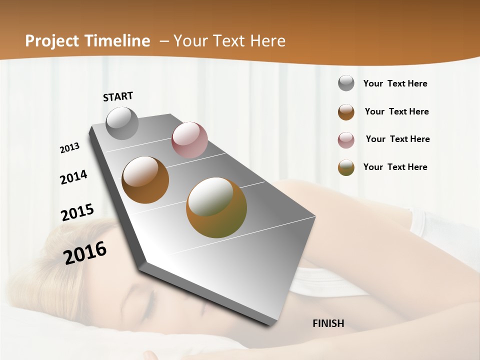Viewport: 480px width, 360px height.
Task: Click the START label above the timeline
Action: (118, 96)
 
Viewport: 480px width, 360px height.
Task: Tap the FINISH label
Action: (328, 323)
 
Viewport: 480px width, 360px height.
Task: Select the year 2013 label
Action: (70, 148)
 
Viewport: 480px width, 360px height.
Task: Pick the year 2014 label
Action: (73, 177)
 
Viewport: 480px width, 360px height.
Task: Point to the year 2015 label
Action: (77, 212)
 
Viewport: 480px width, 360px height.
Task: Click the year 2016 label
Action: (85, 252)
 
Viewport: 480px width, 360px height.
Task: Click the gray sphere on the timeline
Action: (122, 123)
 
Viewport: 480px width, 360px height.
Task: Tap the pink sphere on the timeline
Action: (189, 140)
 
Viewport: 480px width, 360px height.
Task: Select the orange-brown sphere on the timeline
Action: (145, 180)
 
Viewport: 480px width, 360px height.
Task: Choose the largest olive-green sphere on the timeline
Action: (216, 207)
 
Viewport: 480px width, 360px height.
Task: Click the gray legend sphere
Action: (346, 83)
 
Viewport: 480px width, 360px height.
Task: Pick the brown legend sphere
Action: (346, 112)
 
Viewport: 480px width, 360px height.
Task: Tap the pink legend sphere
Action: (346, 140)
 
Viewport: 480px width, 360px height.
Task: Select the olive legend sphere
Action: (346, 167)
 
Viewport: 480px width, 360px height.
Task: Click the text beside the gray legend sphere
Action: (395, 84)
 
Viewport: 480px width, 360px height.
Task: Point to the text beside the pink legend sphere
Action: (397, 139)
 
